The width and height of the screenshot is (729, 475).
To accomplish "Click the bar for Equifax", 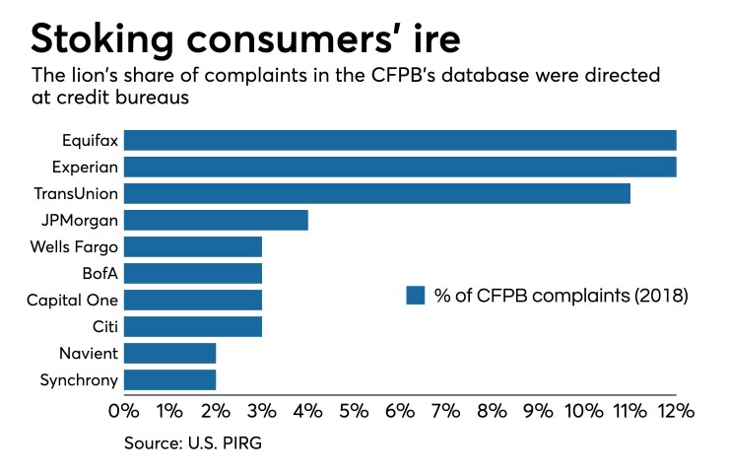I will pyautogui.click(x=400, y=140).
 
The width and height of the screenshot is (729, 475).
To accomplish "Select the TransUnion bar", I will pyautogui.click(x=377, y=193).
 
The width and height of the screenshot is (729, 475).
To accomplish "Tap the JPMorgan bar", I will pyautogui.click(x=216, y=220).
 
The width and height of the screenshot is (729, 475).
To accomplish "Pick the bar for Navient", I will pyautogui.click(x=169, y=353).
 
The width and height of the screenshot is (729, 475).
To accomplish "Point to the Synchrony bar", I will pyautogui.click(x=169, y=379).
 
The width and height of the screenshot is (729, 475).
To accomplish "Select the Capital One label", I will pyautogui.click(x=74, y=300).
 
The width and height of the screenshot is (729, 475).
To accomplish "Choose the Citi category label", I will pyautogui.click(x=103, y=326).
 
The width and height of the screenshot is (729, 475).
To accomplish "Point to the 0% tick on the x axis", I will pyautogui.click(x=123, y=411).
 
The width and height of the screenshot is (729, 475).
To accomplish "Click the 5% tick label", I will pyautogui.click(x=355, y=411).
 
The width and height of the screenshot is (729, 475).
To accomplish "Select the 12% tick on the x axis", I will pyautogui.click(x=676, y=411).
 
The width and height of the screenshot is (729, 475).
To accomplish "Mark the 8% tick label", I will pyautogui.click(x=493, y=411).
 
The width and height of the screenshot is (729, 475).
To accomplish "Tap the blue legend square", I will pyautogui.click(x=415, y=296).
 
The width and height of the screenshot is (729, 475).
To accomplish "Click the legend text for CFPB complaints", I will pyautogui.click(x=560, y=296).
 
